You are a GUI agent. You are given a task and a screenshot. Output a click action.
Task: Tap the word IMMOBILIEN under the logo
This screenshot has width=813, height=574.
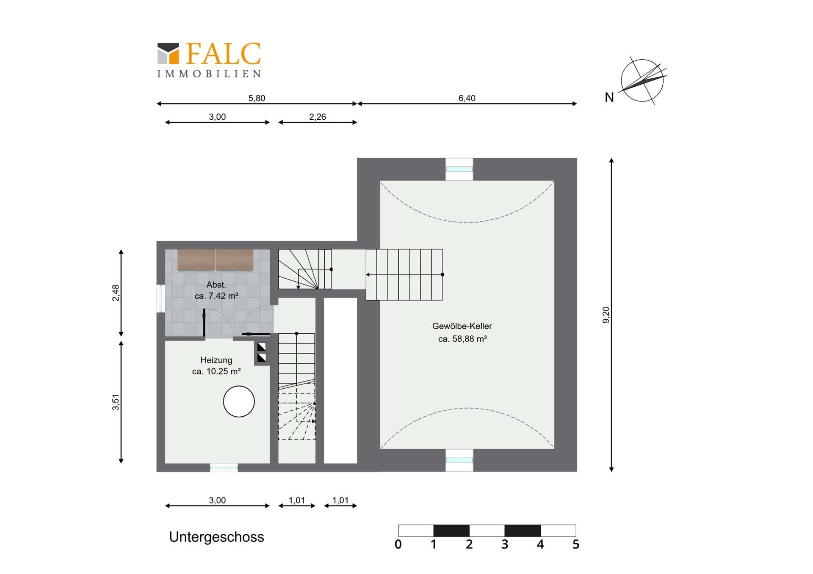tap(209, 74)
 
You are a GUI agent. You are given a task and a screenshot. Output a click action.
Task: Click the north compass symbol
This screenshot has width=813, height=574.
tap(642, 80)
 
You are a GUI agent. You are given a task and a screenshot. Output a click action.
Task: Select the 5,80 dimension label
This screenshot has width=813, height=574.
tap(257, 98)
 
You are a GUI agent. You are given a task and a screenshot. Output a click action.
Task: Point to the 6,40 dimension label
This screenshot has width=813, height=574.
tap(467, 98)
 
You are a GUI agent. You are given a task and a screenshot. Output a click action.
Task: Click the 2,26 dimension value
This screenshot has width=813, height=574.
tap(318, 117)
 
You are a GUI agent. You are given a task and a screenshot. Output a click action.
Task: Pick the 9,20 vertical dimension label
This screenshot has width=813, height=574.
tap(606, 315)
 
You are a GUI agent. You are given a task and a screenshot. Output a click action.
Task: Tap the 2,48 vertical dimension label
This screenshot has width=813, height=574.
tap(116, 293)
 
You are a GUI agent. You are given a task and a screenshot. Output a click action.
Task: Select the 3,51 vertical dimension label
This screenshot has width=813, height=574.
tap(116, 402)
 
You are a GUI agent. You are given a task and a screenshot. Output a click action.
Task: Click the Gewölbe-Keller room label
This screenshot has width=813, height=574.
tap(462, 326)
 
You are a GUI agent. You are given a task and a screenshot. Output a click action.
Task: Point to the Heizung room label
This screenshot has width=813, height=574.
tap(216, 360)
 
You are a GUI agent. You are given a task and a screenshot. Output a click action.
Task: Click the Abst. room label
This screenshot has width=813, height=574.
tap(216, 285)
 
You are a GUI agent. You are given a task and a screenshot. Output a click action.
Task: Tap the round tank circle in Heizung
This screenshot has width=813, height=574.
tap(239, 401)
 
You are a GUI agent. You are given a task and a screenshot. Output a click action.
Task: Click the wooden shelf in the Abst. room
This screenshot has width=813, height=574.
tap(216, 260)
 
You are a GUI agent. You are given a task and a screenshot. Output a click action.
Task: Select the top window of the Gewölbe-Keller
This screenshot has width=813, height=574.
tap(459, 169)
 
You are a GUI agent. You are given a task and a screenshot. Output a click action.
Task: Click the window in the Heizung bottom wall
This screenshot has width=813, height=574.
tap(224, 467)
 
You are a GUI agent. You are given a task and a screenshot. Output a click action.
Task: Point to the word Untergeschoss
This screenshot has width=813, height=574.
tap(216, 537)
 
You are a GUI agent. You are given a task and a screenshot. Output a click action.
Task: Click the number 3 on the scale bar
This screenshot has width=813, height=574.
tap(505, 544)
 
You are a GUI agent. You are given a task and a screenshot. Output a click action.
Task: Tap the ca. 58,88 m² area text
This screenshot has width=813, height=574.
tap(462, 339)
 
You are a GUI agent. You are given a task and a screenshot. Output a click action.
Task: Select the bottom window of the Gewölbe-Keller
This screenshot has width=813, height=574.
tap(459, 460)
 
